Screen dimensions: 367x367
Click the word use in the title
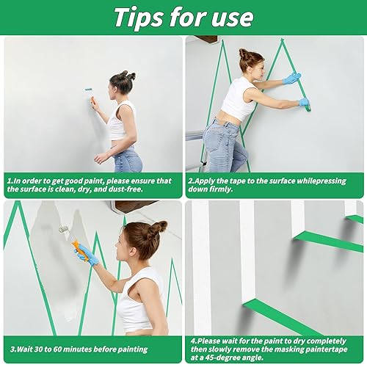coord(230,16)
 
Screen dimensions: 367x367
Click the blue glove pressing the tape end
coord(303,103)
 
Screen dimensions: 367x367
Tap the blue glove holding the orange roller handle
coord(88,255)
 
